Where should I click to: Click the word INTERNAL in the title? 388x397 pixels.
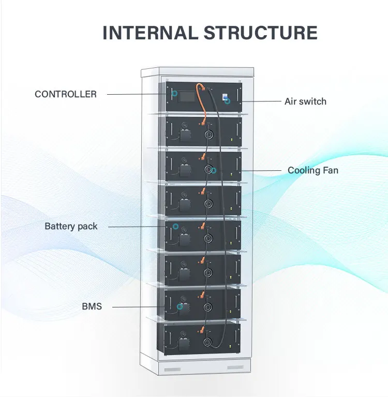click(x=150, y=33)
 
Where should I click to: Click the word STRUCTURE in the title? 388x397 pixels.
click(x=260, y=33)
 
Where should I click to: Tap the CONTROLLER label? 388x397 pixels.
click(x=66, y=94)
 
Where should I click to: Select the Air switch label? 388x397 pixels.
click(x=306, y=101)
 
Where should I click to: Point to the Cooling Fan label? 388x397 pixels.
click(x=313, y=170)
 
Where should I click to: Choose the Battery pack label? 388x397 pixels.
click(x=71, y=226)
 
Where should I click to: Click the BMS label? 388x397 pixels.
click(x=92, y=306)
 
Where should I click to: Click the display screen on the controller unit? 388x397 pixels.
click(x=187, y=96)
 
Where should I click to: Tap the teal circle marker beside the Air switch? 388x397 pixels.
click(x=228, y=101)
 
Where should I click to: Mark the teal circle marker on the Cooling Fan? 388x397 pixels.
click(x=213, y=171)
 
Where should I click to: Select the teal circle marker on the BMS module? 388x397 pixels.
click(x=180, y=306)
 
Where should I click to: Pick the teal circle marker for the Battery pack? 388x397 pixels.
click(x=175, y=226)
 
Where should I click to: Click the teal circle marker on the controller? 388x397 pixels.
click(x=175, y=94)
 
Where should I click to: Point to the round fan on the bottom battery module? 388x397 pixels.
click(x=207, y=342)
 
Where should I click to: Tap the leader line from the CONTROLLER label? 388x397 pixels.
click(x=137, y=94)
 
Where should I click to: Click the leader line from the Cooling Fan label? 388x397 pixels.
click(x=261, y=171)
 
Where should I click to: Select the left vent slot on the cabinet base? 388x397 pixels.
click(x=172, y=370)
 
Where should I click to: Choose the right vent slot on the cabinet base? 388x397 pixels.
click(x=235, y=367)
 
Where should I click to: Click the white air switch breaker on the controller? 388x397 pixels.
click(x=225, y=96)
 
